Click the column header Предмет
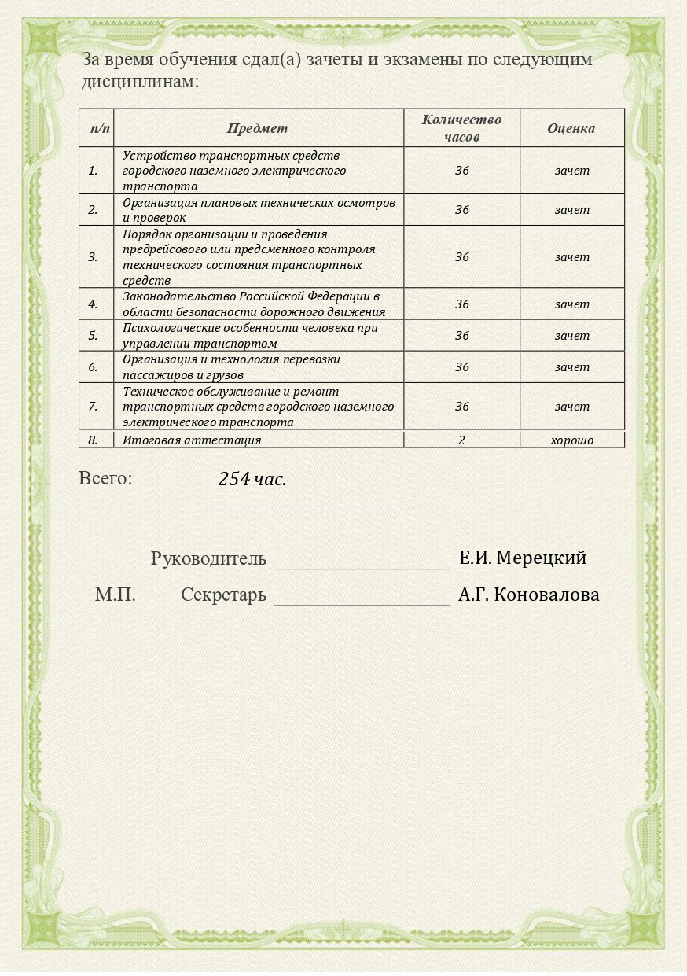pos(257,128)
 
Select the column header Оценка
pos(571,128)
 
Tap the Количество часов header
pos(461,128)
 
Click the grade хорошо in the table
pos(571,440)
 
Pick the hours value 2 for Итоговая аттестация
pos(461,440)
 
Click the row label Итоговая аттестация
pos(192,440)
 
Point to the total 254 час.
pos(252,479)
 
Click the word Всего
pos(105,478)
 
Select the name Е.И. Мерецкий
pos(523,558)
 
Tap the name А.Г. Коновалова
pos(529,595)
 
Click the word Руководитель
pos(208,559)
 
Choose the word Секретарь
pos(223,595)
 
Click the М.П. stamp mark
pos(116,595)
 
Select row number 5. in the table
pos(94,336)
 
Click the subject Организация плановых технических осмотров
pos(259,203)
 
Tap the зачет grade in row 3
pos(571,257)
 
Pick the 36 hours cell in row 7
pos(461,407)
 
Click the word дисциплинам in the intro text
pos(138,81)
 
